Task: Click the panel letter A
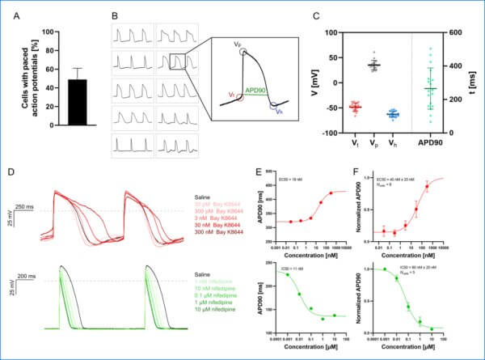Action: click(x=12, y=15)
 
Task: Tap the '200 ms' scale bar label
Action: click(x=30, y=280)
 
